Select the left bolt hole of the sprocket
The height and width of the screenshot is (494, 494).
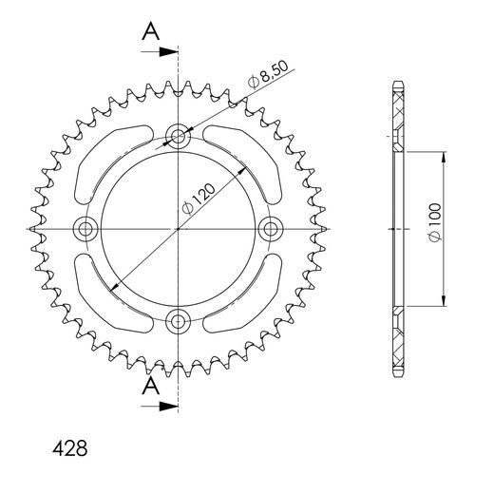(86, 228)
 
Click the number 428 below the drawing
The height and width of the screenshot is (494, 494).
(67, 446)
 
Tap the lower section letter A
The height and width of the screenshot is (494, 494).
(150, 387)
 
